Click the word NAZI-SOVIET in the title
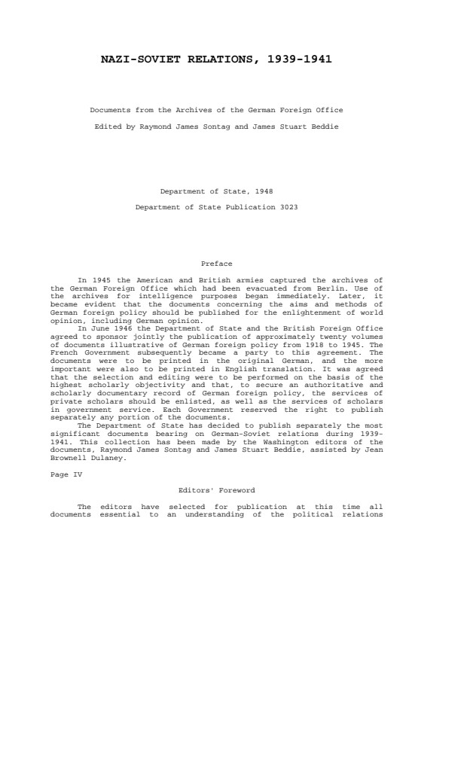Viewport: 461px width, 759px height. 138,59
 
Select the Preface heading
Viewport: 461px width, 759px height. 217,264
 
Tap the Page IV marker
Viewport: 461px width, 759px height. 66,474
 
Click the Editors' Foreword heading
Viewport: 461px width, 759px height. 217,490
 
